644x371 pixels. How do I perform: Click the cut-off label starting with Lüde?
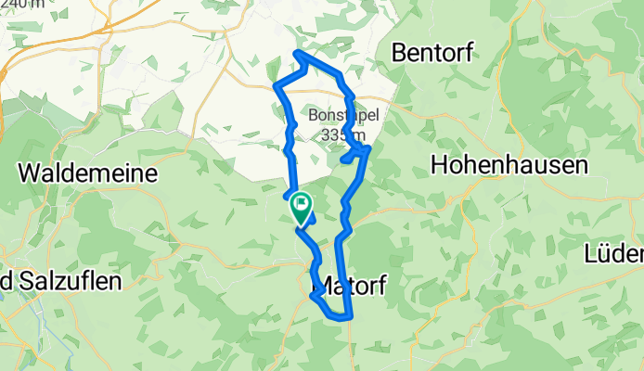click(x=617, y=253)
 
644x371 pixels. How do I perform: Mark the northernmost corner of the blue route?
click(x=296, y=53)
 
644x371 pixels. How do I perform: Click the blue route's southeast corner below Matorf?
click(x=352, y=318)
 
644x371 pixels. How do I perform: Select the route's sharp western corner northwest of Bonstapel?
click(x=276, y=86)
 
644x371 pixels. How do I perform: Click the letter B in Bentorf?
click(x=401, y=53)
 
